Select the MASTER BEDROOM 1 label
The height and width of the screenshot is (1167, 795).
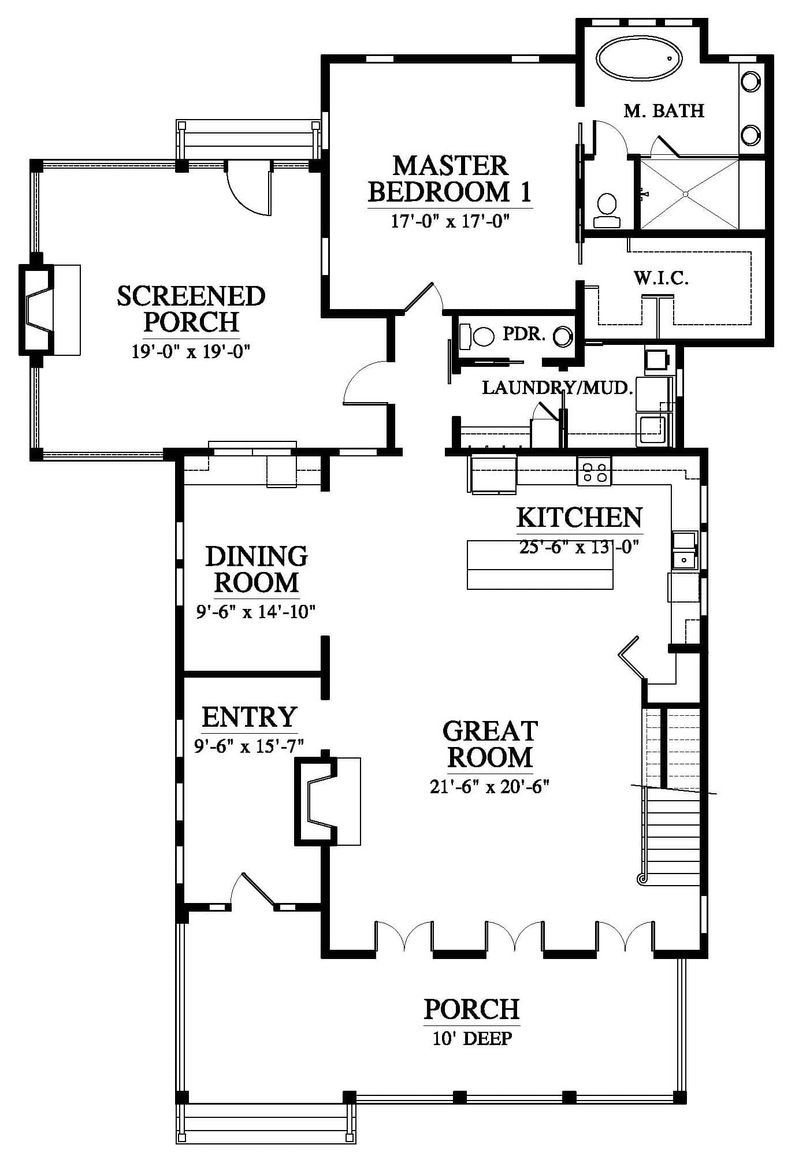point(450,179)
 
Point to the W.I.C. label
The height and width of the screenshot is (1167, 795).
point(661,278)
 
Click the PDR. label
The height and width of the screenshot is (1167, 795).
point(524,334)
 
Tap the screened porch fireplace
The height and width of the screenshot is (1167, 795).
point(49,310)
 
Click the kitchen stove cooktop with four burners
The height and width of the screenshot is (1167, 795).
point(594,471)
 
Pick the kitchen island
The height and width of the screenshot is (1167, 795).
point(540,564)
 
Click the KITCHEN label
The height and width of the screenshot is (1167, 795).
point(579,518)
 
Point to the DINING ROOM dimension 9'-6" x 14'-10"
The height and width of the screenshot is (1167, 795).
point(256,611)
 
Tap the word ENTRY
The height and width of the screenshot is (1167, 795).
point(249,717)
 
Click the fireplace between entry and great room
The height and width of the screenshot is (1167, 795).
point(328,801)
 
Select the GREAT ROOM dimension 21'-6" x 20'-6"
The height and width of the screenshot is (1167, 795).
point(489,787)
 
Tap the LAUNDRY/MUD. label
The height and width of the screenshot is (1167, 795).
point(558,388)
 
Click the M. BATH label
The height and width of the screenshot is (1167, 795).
point(664,110)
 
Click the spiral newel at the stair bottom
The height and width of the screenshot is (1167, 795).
point(641,895)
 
